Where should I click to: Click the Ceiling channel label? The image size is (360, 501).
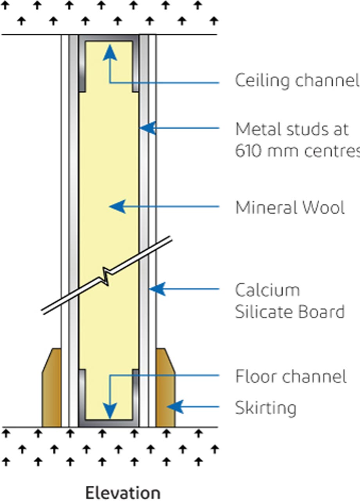tap(297, 80)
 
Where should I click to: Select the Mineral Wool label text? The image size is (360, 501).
tap(290, 207)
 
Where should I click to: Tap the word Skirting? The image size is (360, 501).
tap(265, 408)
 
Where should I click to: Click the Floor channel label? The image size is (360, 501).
tap(291, 377)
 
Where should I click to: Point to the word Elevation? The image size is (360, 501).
tap(122, 493)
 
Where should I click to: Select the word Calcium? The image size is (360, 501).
tap(267, 290)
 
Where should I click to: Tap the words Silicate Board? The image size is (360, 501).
tap(290, 312)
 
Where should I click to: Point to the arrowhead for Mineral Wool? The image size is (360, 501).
tap(117, 206)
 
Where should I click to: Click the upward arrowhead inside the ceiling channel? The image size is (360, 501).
tap(110, 52)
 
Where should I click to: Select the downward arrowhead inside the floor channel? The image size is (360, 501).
tap(110, 412)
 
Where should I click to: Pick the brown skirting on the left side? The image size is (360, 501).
tap(52, 391)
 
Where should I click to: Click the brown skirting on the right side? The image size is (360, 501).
tap(165, 391)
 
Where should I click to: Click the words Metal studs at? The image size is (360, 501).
tap(292, 129)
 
